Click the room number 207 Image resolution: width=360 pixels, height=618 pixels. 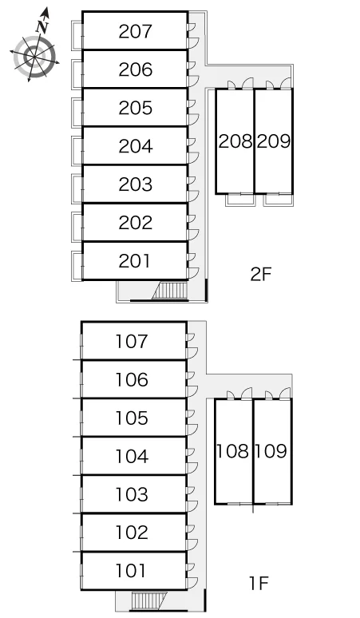pos(135,31)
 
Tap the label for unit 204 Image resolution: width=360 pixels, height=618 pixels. pos(135,146)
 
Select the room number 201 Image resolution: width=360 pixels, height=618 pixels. pos(134,261)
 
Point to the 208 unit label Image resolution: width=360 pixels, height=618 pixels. pos(235,141)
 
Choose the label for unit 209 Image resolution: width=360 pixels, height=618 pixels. pos(274,141)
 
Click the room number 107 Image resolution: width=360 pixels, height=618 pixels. pos(132,341)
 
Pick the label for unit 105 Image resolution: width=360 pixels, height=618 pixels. pos(132,418)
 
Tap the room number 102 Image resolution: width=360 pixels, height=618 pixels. pos(132,533)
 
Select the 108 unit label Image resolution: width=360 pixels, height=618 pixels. pos(233,451)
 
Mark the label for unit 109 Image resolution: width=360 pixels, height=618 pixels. pos(271,451)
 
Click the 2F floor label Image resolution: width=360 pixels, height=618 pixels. pos(261,275)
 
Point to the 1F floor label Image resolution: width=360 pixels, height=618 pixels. pos(259,584)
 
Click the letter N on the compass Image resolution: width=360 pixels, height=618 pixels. pos(42,27)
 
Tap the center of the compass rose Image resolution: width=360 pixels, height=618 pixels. pos(34,57)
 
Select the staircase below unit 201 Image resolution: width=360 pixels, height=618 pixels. pos(169,291)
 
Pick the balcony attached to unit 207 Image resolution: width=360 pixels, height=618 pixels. pos(77,35)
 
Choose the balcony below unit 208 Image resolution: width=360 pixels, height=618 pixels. pos(240,200)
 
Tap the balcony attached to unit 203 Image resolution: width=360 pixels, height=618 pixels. pos(77,188)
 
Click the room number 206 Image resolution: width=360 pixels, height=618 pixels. pos(135,69)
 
